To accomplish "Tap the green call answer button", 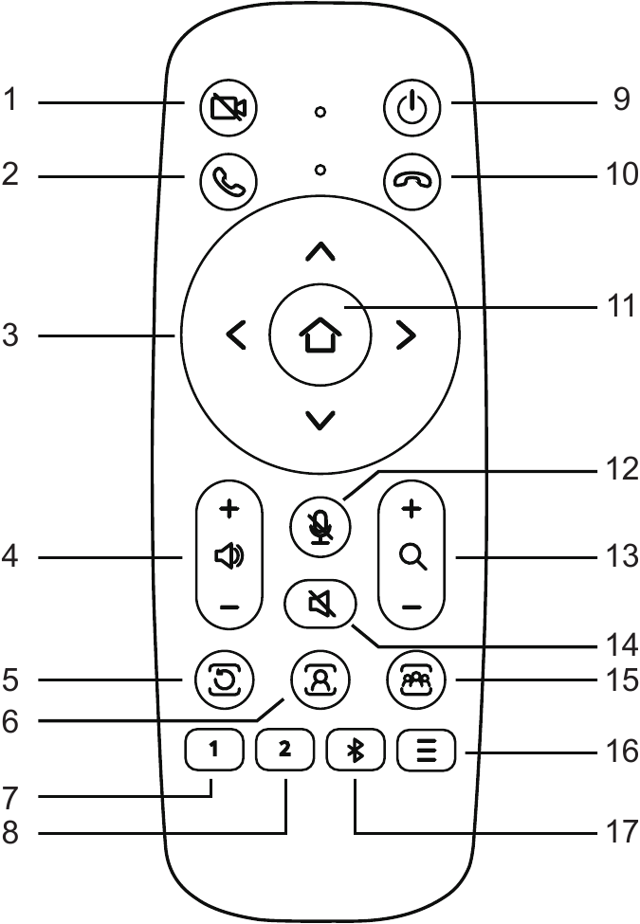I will click(x=228, y=177).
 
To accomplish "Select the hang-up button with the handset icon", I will click(x=412, y=177).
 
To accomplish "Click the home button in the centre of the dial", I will click(x=321, y=334).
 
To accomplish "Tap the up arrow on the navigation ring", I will click(x=321, y=251).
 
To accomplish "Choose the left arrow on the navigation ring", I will click(x=237, y=334).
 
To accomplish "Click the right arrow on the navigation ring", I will click(x=406, y=334).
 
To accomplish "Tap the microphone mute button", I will click(x=320, y=525).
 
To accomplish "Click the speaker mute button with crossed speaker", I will click(x=320, y=603).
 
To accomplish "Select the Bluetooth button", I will click(x=355, y=752).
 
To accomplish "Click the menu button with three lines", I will click(x=427, y=752).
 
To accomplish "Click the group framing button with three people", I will click(x=414, y=679).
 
